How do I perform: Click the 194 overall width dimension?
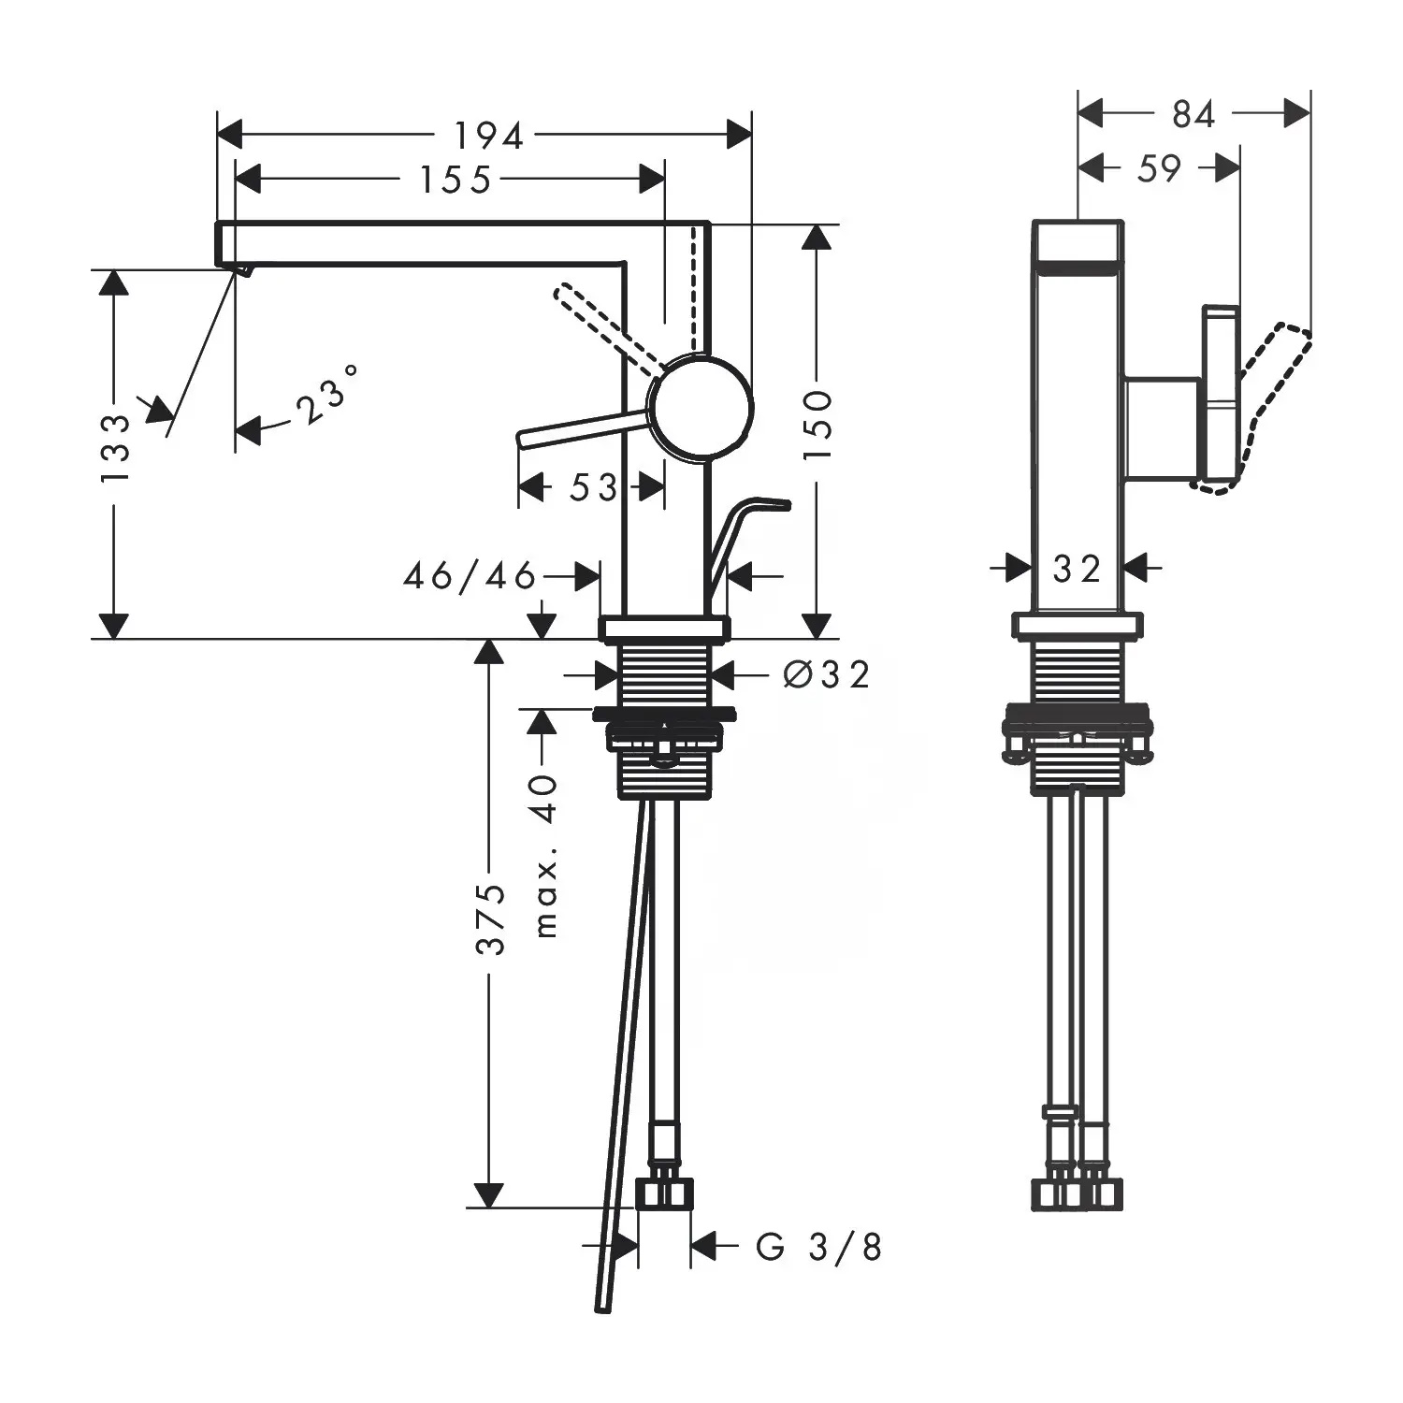tap(488, 136)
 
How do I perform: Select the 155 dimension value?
tap(455, 180)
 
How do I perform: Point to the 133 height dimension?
tap(115, 448)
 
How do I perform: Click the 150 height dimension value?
tap(817, 424)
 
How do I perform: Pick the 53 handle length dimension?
tap(593, 487)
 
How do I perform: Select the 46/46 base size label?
tap(470, 575)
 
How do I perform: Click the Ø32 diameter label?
tap(827, 673)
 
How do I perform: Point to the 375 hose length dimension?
tap(489, 918)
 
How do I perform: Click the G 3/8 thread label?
tap(819, 1247)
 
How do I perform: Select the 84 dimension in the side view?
tap(1193, 114)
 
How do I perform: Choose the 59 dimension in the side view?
tap(1160, 168)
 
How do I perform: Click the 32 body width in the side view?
tap(1077, 568)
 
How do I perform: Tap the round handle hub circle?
tap(701, 409)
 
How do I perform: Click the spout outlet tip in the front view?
tap(242, 270)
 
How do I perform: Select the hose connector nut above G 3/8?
tap(664, 1193)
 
